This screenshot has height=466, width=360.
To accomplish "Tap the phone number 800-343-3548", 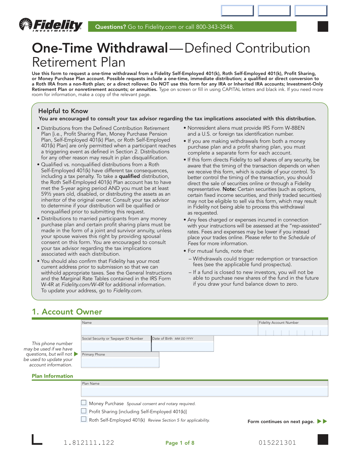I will pos(214,27).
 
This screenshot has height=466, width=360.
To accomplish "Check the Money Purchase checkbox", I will pos(84,403).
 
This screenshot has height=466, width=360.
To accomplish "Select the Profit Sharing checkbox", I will pos(84,411).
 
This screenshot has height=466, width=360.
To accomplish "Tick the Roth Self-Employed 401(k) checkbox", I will pos(84,419).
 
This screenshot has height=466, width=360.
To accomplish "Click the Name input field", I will pos(169,331).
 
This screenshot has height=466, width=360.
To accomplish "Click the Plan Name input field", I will pos(204,392).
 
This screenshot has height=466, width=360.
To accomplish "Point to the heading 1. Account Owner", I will pos(67,312).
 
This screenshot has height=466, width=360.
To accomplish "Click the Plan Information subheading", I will pos(52,376).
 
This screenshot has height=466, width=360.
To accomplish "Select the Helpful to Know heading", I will pos(63,111).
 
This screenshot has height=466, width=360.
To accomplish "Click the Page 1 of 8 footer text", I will pos(180,443).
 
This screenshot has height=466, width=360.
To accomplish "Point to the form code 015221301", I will pos(277,443).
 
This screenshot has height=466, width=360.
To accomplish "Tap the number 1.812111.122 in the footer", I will pos(89,443).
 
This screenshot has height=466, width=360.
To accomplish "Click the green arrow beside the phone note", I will pos(76,354).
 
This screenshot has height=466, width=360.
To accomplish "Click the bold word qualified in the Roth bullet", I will pos(129,176).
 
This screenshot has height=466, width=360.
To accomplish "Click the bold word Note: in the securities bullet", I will pos(229,189).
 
